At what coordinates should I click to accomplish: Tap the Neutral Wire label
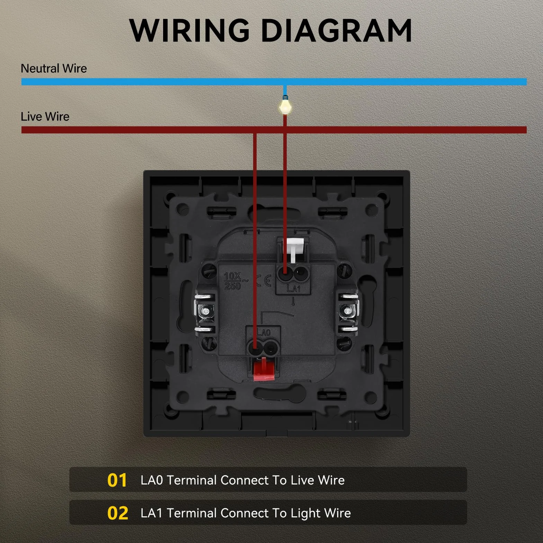coord(54,68)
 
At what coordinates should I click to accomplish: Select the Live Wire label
coord(45,116)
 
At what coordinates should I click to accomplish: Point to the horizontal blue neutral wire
coord(274,82)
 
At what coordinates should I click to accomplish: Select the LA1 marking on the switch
coord(293,288)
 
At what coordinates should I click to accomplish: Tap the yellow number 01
coord(117,480)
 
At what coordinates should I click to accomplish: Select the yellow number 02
coord(118,513)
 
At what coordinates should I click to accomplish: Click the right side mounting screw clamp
coord(348,312)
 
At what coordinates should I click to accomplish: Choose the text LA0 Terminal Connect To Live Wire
coord(243,480)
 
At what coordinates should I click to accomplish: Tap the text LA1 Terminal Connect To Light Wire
coord(246,513)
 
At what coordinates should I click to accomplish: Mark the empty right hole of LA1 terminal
coord(300,275)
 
